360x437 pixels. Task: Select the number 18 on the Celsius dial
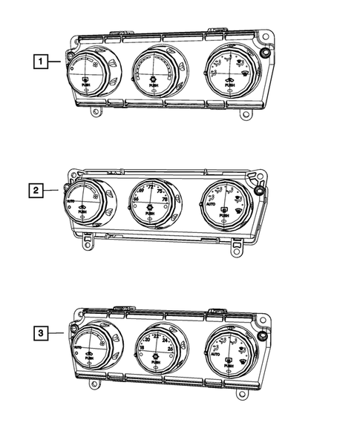click(x=142, y=348)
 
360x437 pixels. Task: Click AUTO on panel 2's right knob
click(x=209, y=210)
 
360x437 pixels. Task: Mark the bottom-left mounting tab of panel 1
click(x=96, y=113)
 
